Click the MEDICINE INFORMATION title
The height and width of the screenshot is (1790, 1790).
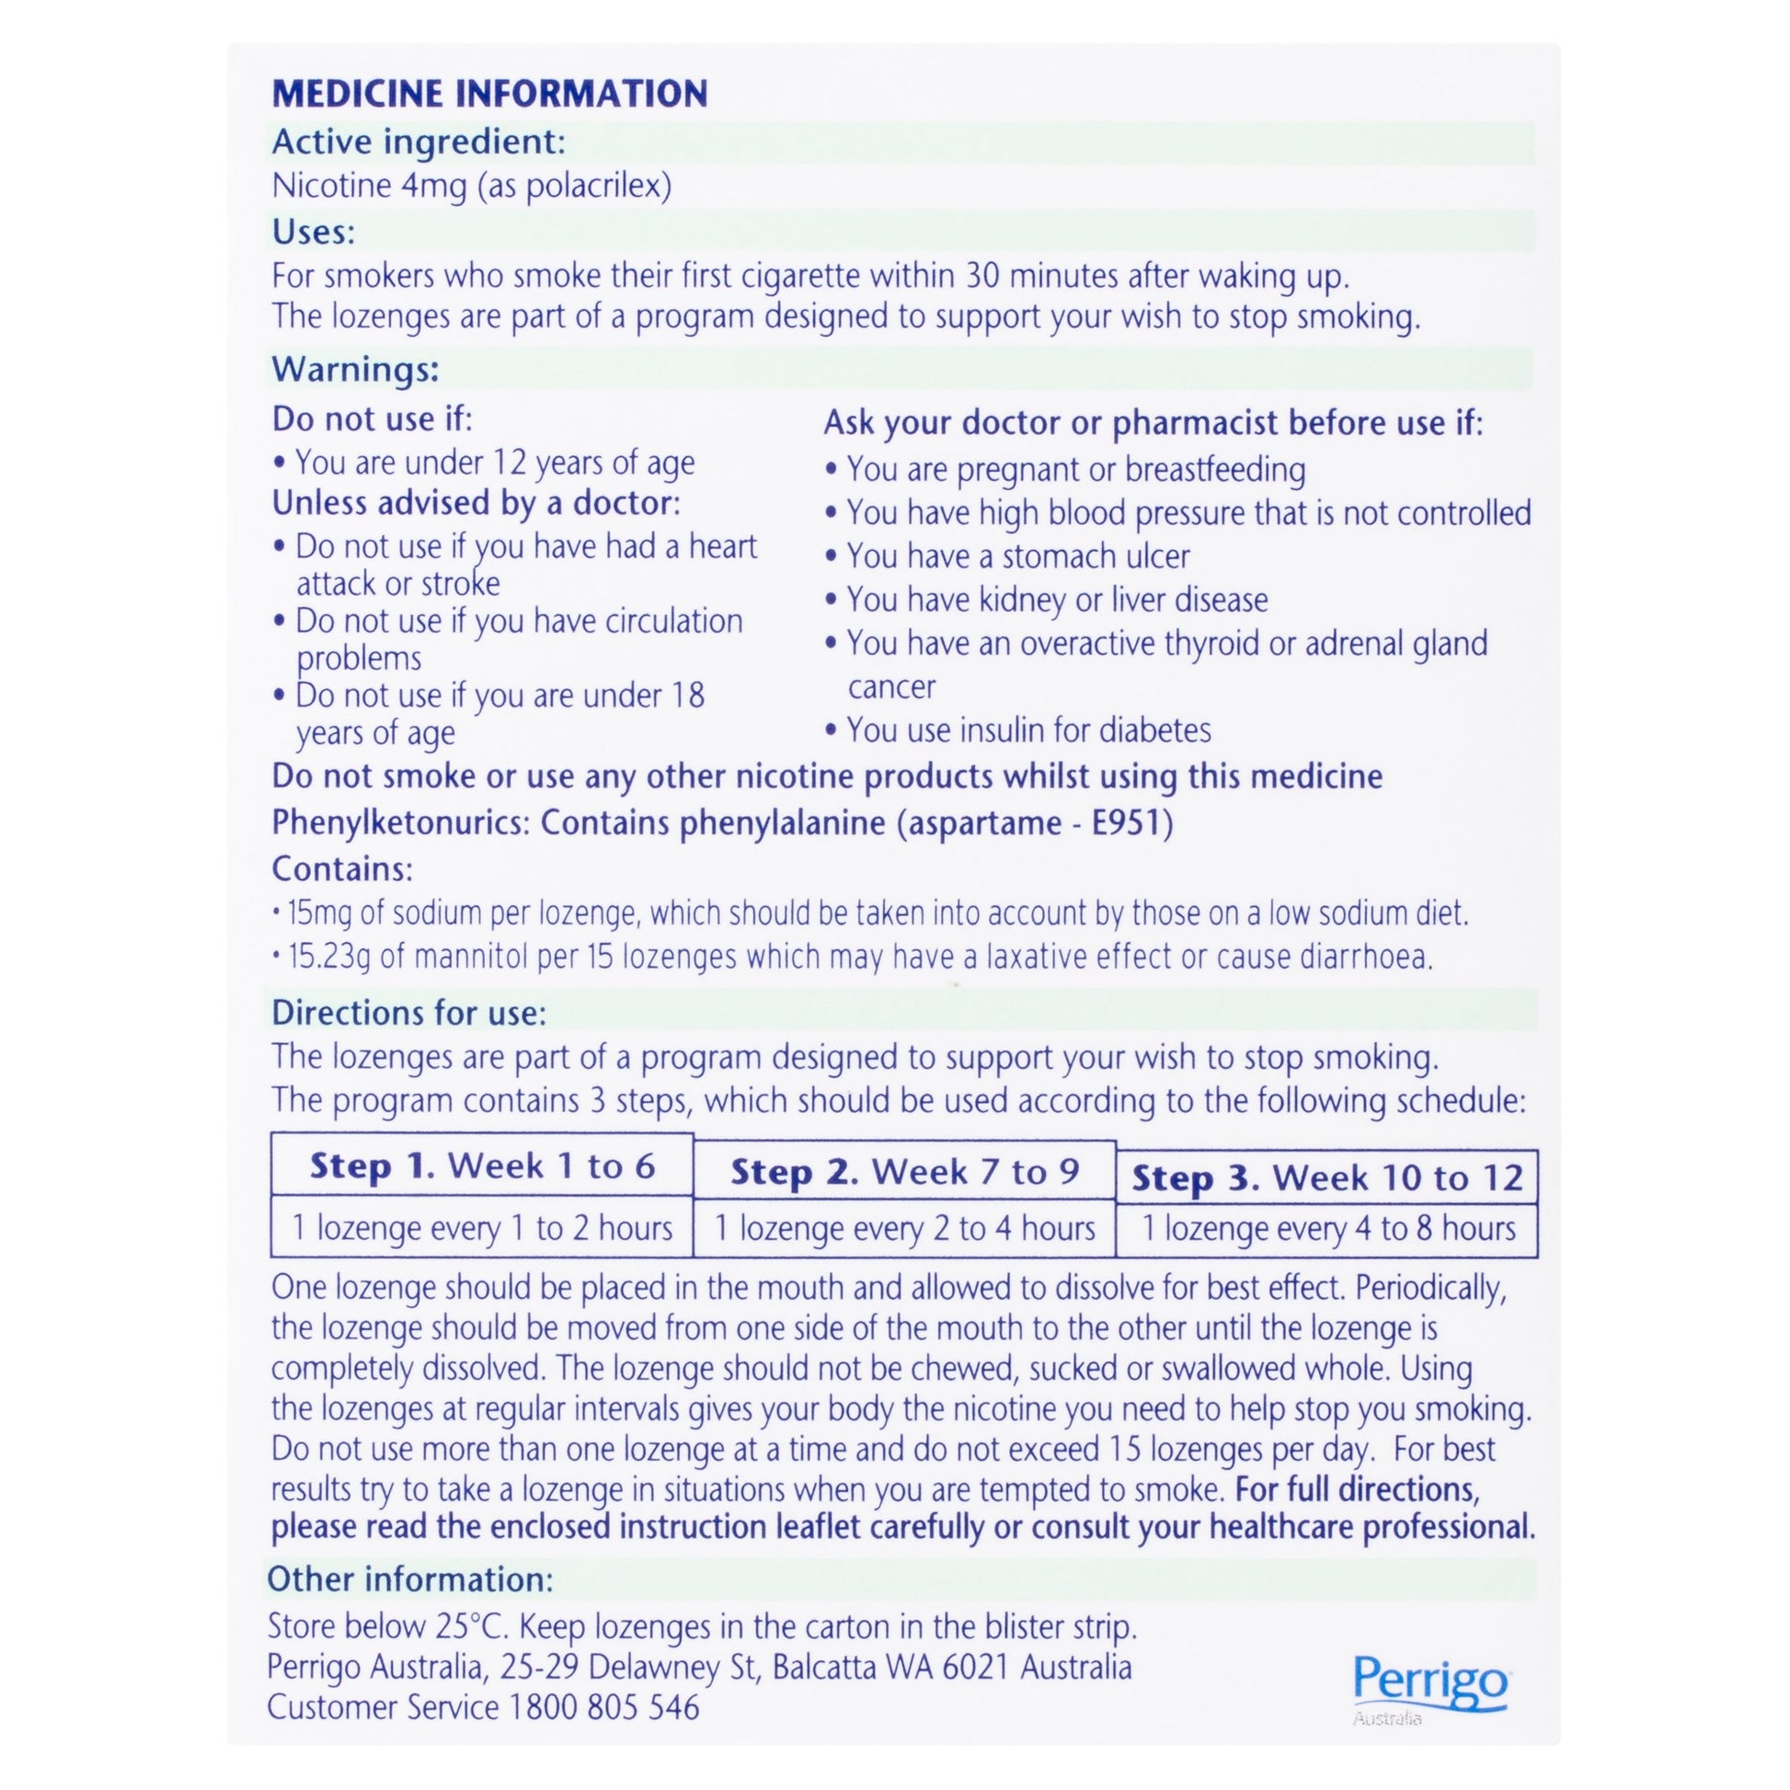point(489,94)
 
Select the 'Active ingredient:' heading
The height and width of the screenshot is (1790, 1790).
point(418,142)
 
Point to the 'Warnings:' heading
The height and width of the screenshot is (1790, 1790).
point(355,370)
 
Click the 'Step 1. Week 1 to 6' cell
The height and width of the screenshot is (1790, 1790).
point(482,1165)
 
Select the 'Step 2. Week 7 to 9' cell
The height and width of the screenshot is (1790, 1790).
point(904,1172)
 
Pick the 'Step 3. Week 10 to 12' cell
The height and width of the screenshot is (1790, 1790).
point(1326,1177)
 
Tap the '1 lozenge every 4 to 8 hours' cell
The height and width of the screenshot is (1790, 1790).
point(1326,1229)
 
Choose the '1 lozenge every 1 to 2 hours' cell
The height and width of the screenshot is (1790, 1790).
point(482,1229)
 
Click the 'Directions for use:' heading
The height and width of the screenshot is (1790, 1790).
point(408,1013)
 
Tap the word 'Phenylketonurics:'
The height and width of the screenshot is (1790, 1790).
point(400,822)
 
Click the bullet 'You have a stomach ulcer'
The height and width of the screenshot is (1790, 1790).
point(1017,556)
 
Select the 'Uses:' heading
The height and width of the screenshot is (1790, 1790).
point(313,232)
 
